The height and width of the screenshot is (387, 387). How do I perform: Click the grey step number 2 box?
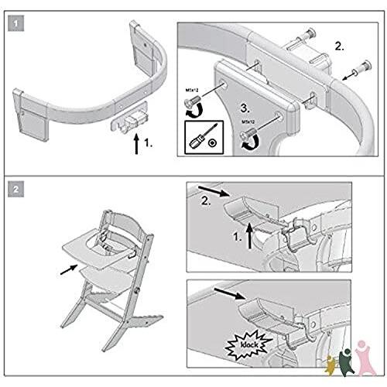pos(15,188)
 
